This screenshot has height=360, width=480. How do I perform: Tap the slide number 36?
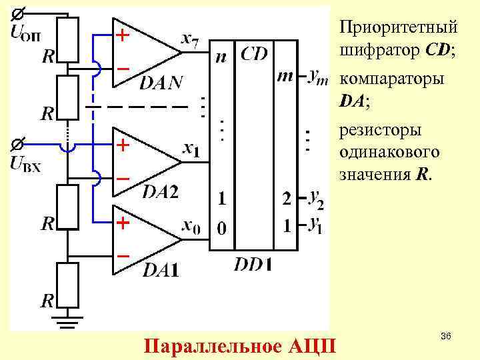(446, 339)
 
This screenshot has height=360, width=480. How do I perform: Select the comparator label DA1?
(161, 269)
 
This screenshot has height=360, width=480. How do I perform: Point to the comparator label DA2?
(161, 192)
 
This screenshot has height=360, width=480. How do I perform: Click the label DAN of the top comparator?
(161, 82)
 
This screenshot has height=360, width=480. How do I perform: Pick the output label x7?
(189, 41)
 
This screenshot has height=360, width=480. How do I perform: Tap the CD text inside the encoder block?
(253, 53)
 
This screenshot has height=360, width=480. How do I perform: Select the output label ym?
(318, 77)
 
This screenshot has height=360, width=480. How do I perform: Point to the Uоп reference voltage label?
(27, 33)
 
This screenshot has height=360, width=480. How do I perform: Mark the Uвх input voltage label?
(27, 163)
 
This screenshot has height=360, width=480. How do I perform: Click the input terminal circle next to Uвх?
(20, 143)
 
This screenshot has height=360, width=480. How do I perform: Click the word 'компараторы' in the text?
(391, 79)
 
